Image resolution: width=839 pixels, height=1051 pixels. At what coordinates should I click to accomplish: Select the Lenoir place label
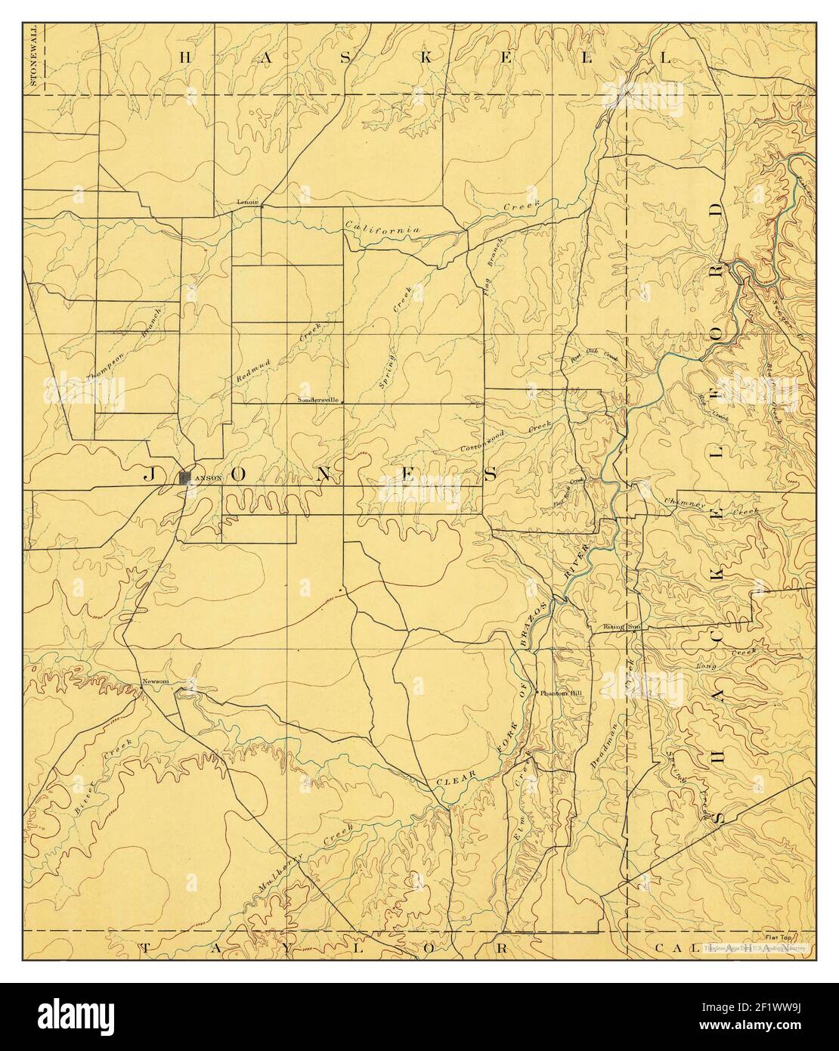point(247,202)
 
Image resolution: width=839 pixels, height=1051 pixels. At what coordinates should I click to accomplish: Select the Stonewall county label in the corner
point(33,57)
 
